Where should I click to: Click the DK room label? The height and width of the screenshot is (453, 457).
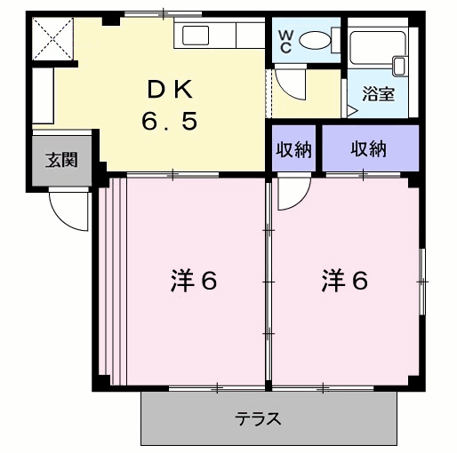(171, 89)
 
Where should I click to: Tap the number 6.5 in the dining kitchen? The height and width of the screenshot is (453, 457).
(170, 121)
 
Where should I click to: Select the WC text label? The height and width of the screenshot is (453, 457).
(285, 42)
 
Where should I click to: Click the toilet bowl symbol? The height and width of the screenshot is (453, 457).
(315, 40)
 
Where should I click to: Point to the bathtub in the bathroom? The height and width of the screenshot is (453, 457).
(377, 47)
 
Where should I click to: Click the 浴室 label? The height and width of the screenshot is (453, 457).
(378, 94)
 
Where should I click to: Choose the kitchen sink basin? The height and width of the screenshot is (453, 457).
(196, 36)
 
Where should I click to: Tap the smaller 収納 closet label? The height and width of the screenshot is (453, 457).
(293, 149)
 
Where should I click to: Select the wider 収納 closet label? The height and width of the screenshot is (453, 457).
(368, 148)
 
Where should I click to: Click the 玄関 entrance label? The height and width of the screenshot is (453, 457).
(61, 160)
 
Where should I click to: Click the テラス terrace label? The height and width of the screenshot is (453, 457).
(258, 418)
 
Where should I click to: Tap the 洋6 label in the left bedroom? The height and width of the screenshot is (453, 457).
(194, 280)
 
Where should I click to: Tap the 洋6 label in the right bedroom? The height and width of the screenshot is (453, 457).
(345, 280)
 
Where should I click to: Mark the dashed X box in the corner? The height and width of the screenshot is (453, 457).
(52, 38)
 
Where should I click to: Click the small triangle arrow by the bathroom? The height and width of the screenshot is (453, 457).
(353, 111)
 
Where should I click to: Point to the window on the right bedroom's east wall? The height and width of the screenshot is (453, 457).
(422, 282)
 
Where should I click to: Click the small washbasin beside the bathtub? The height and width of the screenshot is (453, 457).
(399, 66)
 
